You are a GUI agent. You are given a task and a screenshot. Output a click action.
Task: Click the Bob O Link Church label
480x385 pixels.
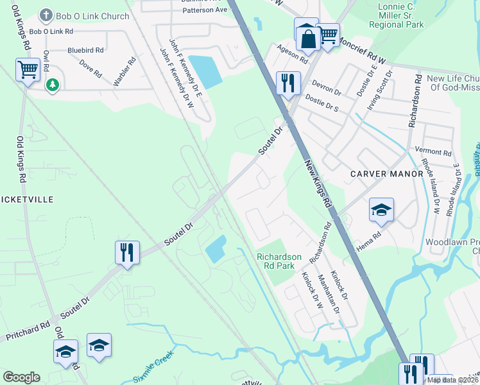92,16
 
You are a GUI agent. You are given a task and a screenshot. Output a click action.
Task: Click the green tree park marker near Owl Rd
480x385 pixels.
52,84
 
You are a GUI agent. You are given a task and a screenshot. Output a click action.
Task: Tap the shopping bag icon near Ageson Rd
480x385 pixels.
308,37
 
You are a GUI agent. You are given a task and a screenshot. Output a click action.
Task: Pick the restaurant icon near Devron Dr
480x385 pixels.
288,83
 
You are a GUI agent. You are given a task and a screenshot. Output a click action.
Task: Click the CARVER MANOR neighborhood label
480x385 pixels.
379,174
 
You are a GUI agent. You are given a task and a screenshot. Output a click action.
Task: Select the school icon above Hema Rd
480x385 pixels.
381,209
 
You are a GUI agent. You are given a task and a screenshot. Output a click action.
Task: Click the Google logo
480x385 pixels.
21,377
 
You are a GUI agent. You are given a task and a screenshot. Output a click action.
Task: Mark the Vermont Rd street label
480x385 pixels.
433,152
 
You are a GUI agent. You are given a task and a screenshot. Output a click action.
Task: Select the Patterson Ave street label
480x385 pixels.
205,10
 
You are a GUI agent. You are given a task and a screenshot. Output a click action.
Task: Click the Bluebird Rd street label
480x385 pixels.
85,49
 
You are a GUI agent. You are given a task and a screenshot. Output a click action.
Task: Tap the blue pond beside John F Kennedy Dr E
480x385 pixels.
205,72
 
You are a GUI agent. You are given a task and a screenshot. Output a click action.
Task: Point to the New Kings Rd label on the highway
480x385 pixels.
317,183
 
